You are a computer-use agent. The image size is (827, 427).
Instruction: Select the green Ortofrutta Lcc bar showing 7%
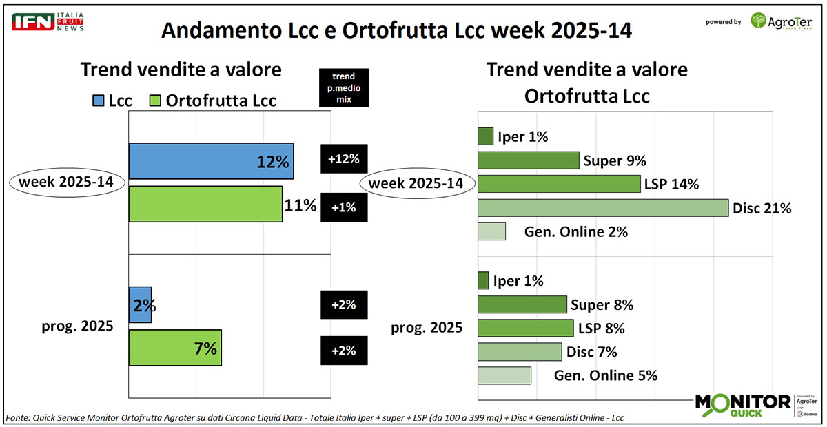(175, 347)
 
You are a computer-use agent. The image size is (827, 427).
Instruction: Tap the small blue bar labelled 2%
(140, 304)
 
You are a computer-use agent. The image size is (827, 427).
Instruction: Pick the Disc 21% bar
(602, 207)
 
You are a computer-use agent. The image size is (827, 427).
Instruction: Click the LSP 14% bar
(559, 184)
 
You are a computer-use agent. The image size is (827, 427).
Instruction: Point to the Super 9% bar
(528, 160)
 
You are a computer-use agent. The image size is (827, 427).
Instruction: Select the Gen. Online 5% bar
(504, 375)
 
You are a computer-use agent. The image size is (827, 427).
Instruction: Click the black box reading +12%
(344, 160)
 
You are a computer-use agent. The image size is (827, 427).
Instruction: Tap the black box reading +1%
(344, 207)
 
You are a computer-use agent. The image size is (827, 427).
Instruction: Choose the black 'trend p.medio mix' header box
(344, 87)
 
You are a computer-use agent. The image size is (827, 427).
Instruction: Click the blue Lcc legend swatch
(97, 101)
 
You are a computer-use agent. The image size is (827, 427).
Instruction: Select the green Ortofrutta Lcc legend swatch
(154, 101)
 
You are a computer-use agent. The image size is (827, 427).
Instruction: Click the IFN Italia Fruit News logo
(48, 21)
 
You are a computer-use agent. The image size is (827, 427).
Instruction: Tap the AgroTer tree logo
(758, 21)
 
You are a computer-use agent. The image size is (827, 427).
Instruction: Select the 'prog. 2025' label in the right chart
(427, 328)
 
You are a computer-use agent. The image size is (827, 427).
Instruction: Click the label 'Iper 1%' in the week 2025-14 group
(522, 136)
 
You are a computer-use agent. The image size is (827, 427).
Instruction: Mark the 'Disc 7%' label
(591, 352)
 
